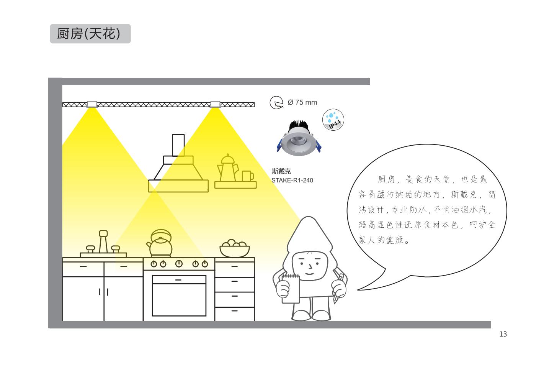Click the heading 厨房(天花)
tap(89, 34)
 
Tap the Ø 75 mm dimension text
tap(302, 102)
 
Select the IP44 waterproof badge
tap(333, 120)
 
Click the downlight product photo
tap(299, 138)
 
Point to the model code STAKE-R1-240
tap(292, 181)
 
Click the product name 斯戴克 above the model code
tap(281, 171)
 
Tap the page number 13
tap(503, 334)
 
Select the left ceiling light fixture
tap(92, 104)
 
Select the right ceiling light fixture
tap(215, 104)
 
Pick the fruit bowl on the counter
tap(235, 248)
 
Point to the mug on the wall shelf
tap(248, 176)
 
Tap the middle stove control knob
tap(179, 264)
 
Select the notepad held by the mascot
tap(291, 289)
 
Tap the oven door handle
tap(178, 280)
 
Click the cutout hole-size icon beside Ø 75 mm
tap(276, 102)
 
